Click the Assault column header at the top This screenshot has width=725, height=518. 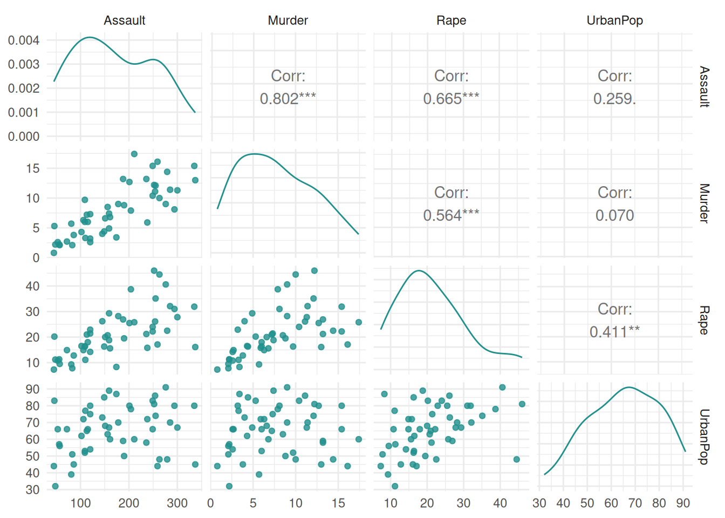coord(125,21)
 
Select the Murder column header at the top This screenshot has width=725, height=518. coord(288,21)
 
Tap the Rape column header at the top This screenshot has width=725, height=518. coord(452,21)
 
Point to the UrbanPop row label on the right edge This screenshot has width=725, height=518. coord(704,437)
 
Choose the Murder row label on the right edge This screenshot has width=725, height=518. coord(704,203)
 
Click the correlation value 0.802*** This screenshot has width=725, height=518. coord(288,99)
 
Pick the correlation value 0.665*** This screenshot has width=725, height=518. coord(452,99)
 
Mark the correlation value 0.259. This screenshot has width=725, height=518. coord(614,99)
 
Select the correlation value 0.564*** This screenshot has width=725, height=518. coord(452,215)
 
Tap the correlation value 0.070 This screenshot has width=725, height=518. coord(614,215)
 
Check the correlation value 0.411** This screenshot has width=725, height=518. coord(614,332)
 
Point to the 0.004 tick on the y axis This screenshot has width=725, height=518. coord(24,40)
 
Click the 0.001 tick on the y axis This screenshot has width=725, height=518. coord(24,112)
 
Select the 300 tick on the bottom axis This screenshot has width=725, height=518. coord(177,503)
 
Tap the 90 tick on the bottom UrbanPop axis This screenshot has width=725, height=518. coord(683,503)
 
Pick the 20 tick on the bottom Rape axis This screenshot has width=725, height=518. coord(427,503)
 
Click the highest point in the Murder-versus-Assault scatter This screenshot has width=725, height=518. coord(134,154)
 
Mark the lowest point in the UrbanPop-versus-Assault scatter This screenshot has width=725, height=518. coord(55,486)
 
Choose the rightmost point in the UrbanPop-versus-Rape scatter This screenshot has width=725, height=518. coord(522,404)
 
